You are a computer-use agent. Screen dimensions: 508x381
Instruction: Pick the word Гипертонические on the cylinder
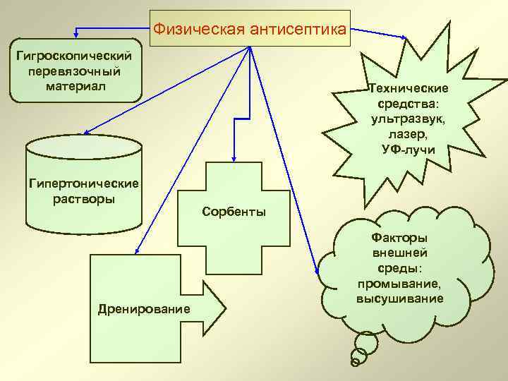[84, 183]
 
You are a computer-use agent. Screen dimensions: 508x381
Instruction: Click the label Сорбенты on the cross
[234, 212]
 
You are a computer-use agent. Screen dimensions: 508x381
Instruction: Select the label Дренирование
[144, 308]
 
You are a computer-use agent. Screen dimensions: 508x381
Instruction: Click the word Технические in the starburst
[409, 89]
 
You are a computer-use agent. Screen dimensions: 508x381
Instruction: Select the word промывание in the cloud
[399, 284]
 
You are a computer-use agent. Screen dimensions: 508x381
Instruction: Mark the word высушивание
[399, 298]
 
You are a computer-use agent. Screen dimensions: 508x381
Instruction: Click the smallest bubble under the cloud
[354, 363]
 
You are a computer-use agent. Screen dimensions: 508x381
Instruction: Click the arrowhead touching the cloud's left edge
[315, 269]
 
